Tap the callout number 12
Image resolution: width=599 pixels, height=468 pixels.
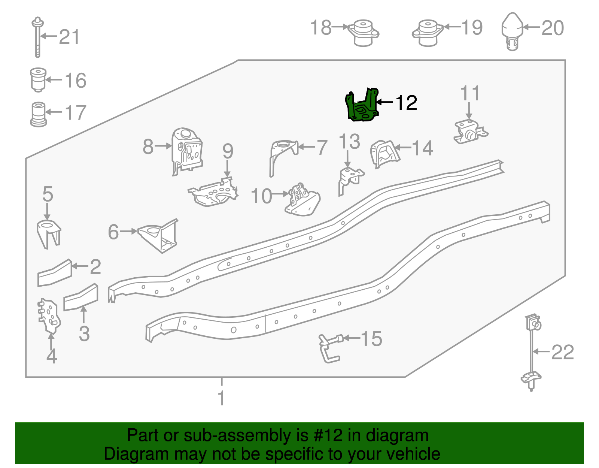coord(406,103)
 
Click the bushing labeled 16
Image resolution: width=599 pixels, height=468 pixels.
coord(38,79)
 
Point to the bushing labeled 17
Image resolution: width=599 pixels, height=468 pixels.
coord(38,114)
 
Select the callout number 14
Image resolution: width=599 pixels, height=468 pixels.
coord(423,148)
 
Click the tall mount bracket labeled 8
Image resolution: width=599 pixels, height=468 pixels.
coord(187,150)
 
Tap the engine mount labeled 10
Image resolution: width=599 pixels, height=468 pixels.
coord(302,201)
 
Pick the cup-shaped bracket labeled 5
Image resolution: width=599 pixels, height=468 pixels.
coord(48,233)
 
